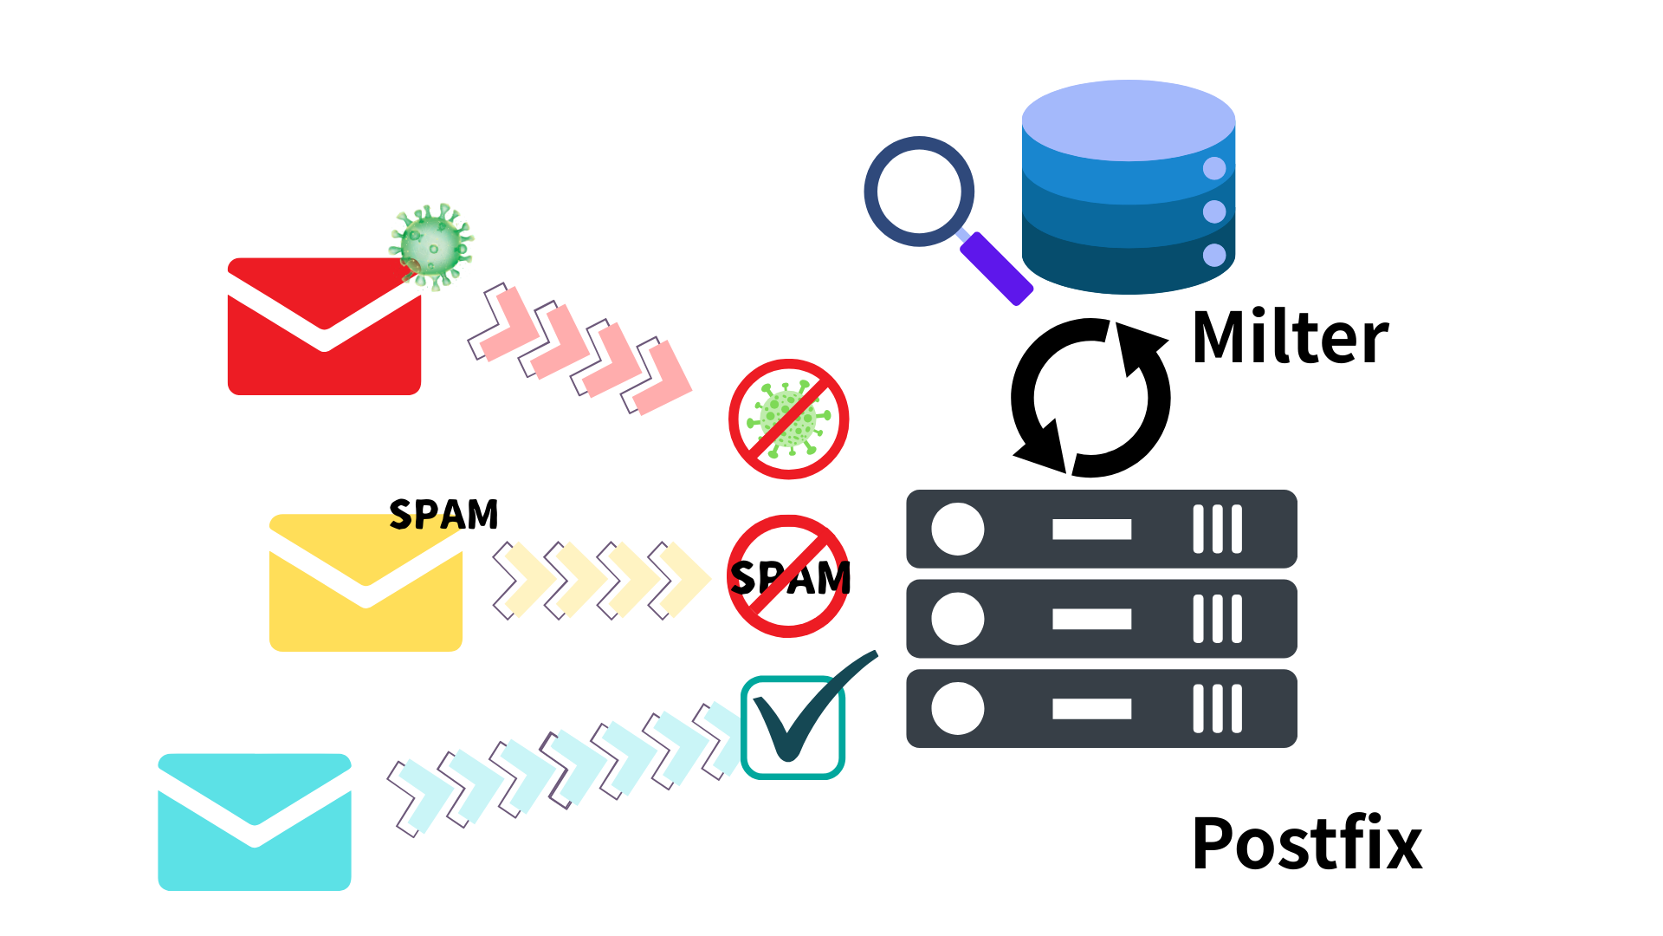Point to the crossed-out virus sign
coord(788,419)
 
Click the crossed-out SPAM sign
coord(788,576)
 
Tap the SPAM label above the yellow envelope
coord(443,515)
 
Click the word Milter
coord(1290,338)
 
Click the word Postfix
coord(1306,843)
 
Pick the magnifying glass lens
coord(919,192)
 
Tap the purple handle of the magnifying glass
coord(996,269)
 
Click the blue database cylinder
coord(1128,186)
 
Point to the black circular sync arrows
coord(1090,398)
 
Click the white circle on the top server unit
coord(957,529)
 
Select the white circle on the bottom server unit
coord(957,708)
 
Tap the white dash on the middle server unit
coord(1091,619)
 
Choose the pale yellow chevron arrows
coord(602,579)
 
